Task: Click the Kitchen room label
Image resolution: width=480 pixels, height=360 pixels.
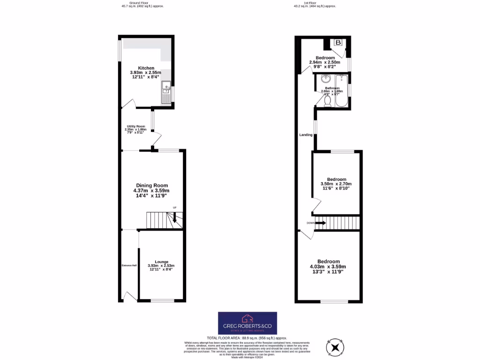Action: (x=145, y=68)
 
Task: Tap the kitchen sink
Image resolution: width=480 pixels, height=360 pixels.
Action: (x=166, y=92)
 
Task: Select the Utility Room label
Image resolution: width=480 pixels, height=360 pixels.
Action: (x=136, y=127)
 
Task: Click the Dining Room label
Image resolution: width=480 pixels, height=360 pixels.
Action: (x=151, y=185)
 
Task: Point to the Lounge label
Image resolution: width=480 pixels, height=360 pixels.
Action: (x=162, y=262)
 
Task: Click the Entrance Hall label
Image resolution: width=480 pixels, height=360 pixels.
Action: (x=129, y=266)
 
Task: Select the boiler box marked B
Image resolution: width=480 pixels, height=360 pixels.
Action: (x=338, y=43)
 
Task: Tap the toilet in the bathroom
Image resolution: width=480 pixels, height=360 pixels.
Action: (x=328, y=100)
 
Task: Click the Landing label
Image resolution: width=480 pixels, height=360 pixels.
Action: (x=306, y=135)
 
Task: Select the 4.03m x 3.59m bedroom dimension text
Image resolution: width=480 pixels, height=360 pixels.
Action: (x=328, y=267)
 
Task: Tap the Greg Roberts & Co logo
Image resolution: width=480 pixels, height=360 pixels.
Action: (x=247, y=323)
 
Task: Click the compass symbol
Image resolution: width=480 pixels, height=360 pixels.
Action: (x=336, y=347)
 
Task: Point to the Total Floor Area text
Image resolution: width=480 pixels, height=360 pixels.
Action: (x=247, y=338)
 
